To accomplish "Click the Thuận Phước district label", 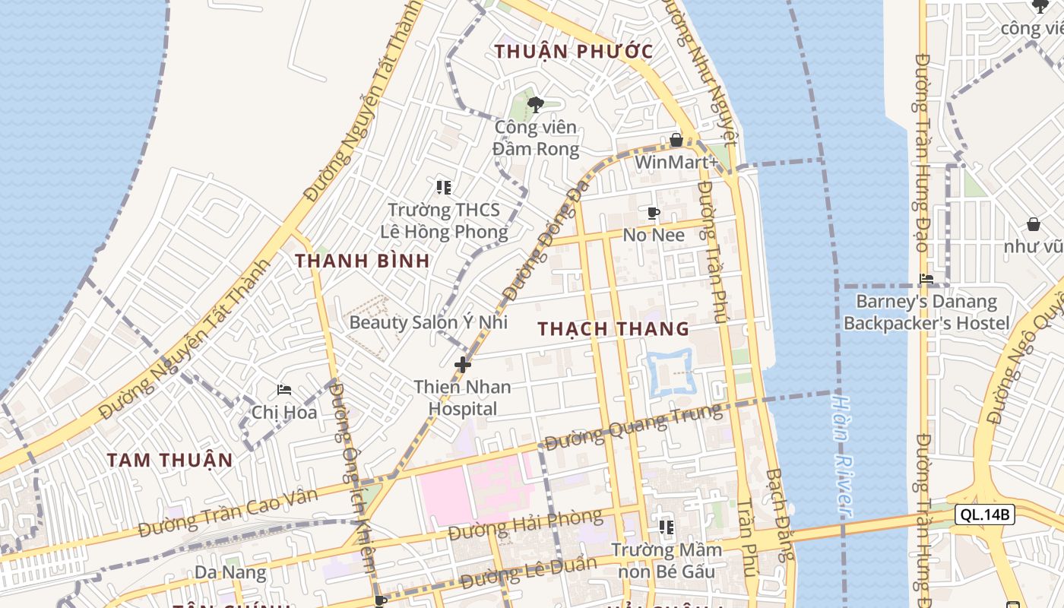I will click(574, 52).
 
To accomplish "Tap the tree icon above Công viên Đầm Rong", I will click(536, 105).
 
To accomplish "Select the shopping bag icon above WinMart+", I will click(676, 140).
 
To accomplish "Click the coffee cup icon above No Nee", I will click(653, 213).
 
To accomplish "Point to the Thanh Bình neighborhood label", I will click(363, 261).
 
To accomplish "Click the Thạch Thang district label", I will click(613, 329).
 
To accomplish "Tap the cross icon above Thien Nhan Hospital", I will click(462, 365).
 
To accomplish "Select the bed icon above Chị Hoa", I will click(284, 390).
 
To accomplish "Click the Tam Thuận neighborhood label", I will click(169, 460).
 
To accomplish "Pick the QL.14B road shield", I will click(984, 515).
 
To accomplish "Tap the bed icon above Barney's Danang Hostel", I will click(926, 279).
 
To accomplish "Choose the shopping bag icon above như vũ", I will click(1033, 224).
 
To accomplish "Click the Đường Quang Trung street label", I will click(632, 427).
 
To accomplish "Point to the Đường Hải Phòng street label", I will click(525, 526).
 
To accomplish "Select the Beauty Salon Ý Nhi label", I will click(428, 321).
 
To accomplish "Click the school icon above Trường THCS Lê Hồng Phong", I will click(444, 187).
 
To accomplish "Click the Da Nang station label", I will click(230, 572).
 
